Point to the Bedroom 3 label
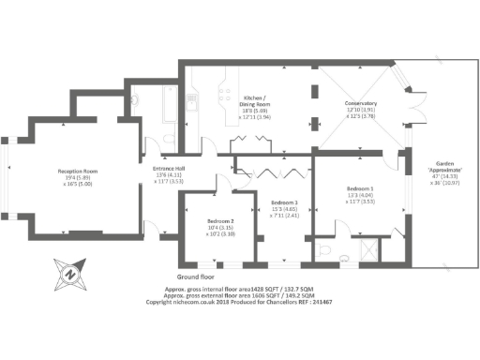click(285, 202)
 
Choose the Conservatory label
click(361, 103)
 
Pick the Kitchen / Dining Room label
click(257, 97)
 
